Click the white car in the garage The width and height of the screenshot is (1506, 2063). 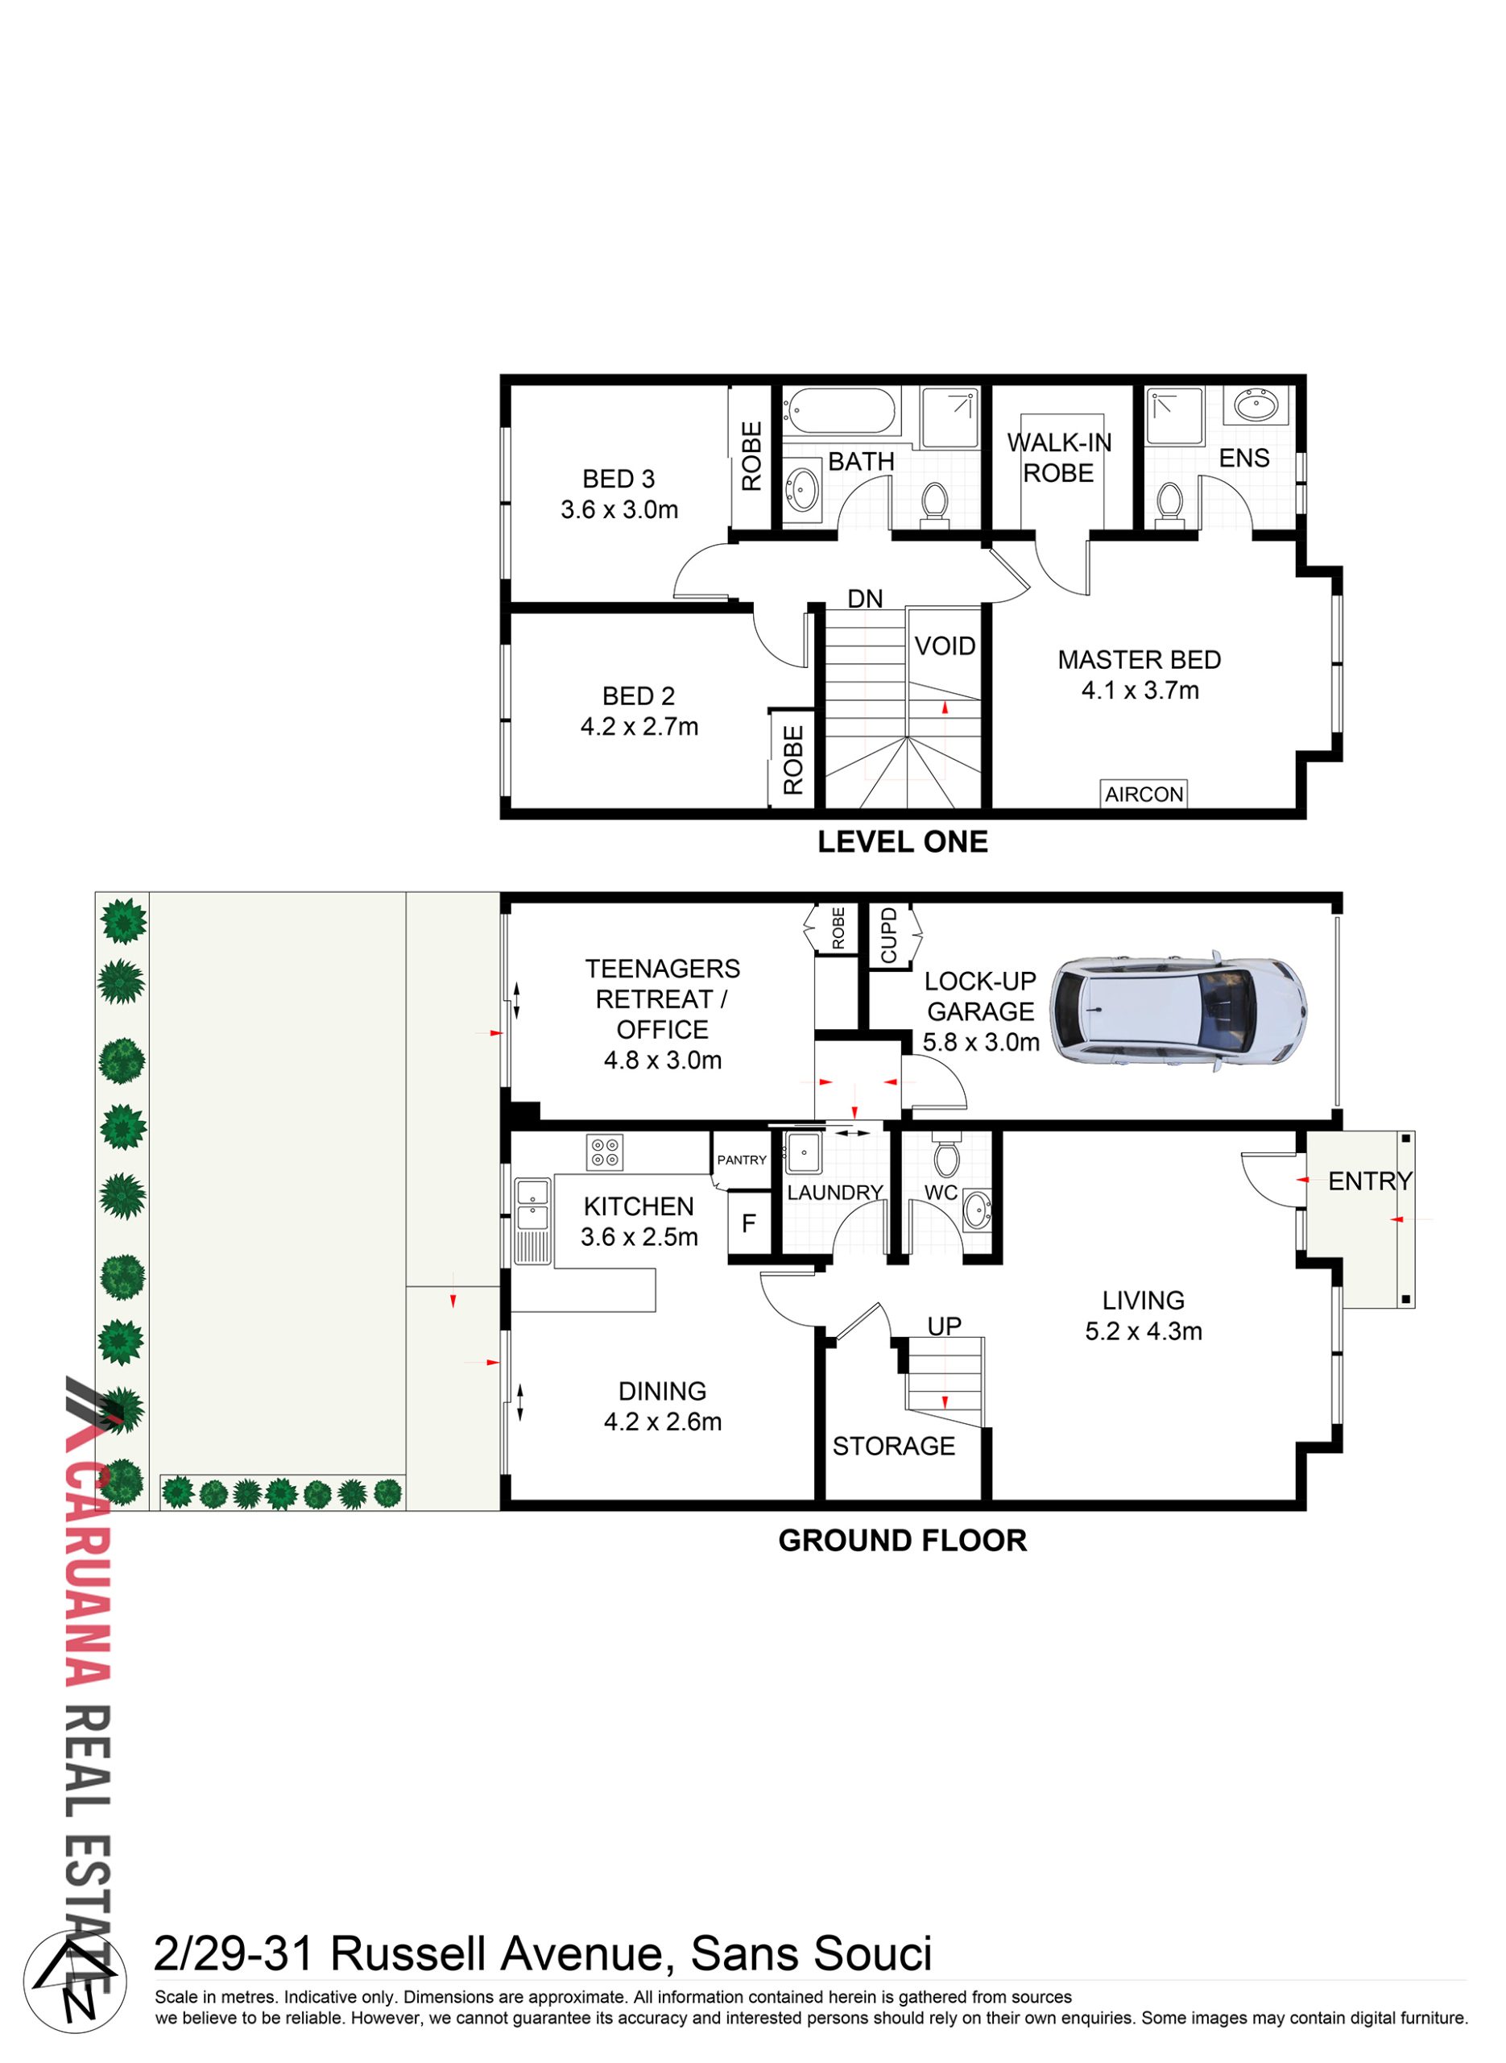[x=1179, y=1011]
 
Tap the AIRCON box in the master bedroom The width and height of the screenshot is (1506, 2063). [x=1144, y=795]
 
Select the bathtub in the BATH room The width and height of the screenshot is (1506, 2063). [x=842, y=411]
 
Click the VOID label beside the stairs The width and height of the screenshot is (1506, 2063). [x=945, y=645]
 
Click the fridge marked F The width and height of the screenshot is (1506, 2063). [x=749, y=1224]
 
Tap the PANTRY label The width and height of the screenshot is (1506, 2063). [x=742, y=1160]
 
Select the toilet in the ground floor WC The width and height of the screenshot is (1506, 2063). [x=946, y=1156]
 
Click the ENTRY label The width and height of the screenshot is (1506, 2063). [x=1370, y=1182]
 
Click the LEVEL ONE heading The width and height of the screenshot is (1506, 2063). [x=903, y=842]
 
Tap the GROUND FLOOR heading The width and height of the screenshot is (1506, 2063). [x=903, y=1541]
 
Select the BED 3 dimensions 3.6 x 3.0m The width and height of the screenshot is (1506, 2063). [x=620, y=510]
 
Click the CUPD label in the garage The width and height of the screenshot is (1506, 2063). [x=889, y=935]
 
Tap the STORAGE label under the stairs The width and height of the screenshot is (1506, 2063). [x=893, y=1446]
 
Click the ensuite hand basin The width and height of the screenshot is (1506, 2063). [x=1257, y=404]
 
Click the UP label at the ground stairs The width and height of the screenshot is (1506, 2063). [x=945, y=1326]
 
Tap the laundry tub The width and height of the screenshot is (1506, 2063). [x=804, y=1153]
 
